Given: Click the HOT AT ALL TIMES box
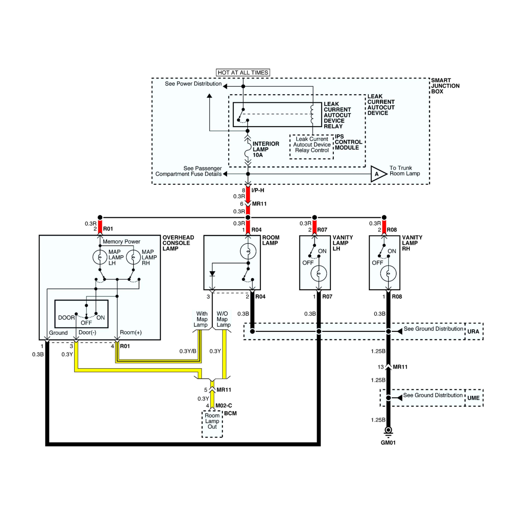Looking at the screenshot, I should click(x=243, y=72).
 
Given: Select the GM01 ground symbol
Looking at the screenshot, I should click(x=388, y=431).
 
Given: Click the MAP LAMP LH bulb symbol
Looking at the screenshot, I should click(x=100, y=257).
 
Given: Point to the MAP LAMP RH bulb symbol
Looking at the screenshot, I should click(x=133, y=257).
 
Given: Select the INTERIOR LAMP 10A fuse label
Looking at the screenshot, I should click(x=266, y=149).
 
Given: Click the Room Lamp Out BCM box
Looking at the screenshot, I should click(x=212, y=421).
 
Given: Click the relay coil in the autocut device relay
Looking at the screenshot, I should click(x=312, y=114).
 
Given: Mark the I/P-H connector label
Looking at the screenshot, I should click(x=258, y=190).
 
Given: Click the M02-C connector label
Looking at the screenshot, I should click(x=224, y=405).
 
